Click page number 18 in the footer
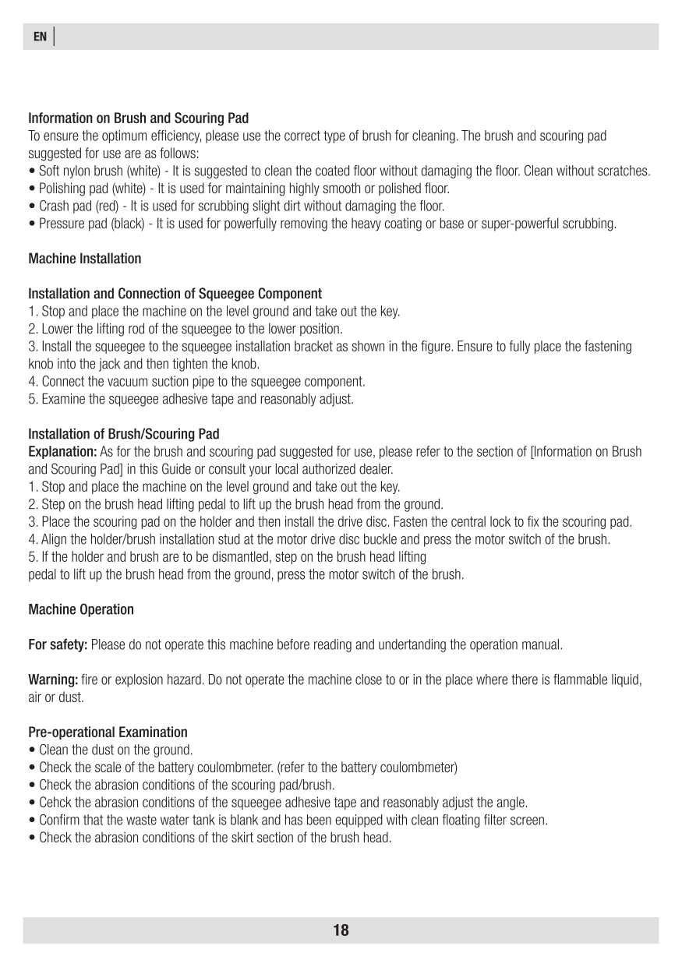click(341, 930)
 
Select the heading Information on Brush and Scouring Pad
click(139, 118)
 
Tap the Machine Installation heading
click(85, 258)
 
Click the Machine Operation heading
click(81, 609)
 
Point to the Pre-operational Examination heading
click(108, 732)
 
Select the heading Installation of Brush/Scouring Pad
click(124, 434)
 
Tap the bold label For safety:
click(58, 645)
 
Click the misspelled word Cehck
click(55, 803)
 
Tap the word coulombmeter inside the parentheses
click(422, 768)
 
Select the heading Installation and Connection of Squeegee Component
click(175, 294)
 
